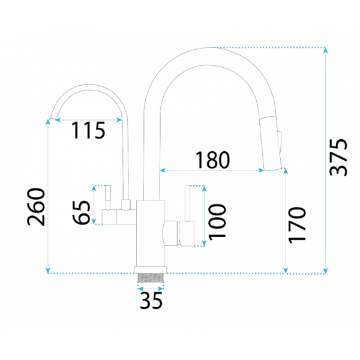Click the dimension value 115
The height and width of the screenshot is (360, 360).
(x=88, y=130)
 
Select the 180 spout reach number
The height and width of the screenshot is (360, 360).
(x=212, y=160)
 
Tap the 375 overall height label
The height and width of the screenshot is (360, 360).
(x=338, y=157)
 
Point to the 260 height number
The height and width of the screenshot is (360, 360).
(x=36, y=207)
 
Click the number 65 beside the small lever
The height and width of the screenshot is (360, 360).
(x=82, y=212)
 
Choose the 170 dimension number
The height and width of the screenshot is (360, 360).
(x=297, y=225)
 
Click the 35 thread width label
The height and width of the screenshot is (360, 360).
(x=151, y=301)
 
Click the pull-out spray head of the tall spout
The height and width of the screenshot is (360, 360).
(x=271, y=144)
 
